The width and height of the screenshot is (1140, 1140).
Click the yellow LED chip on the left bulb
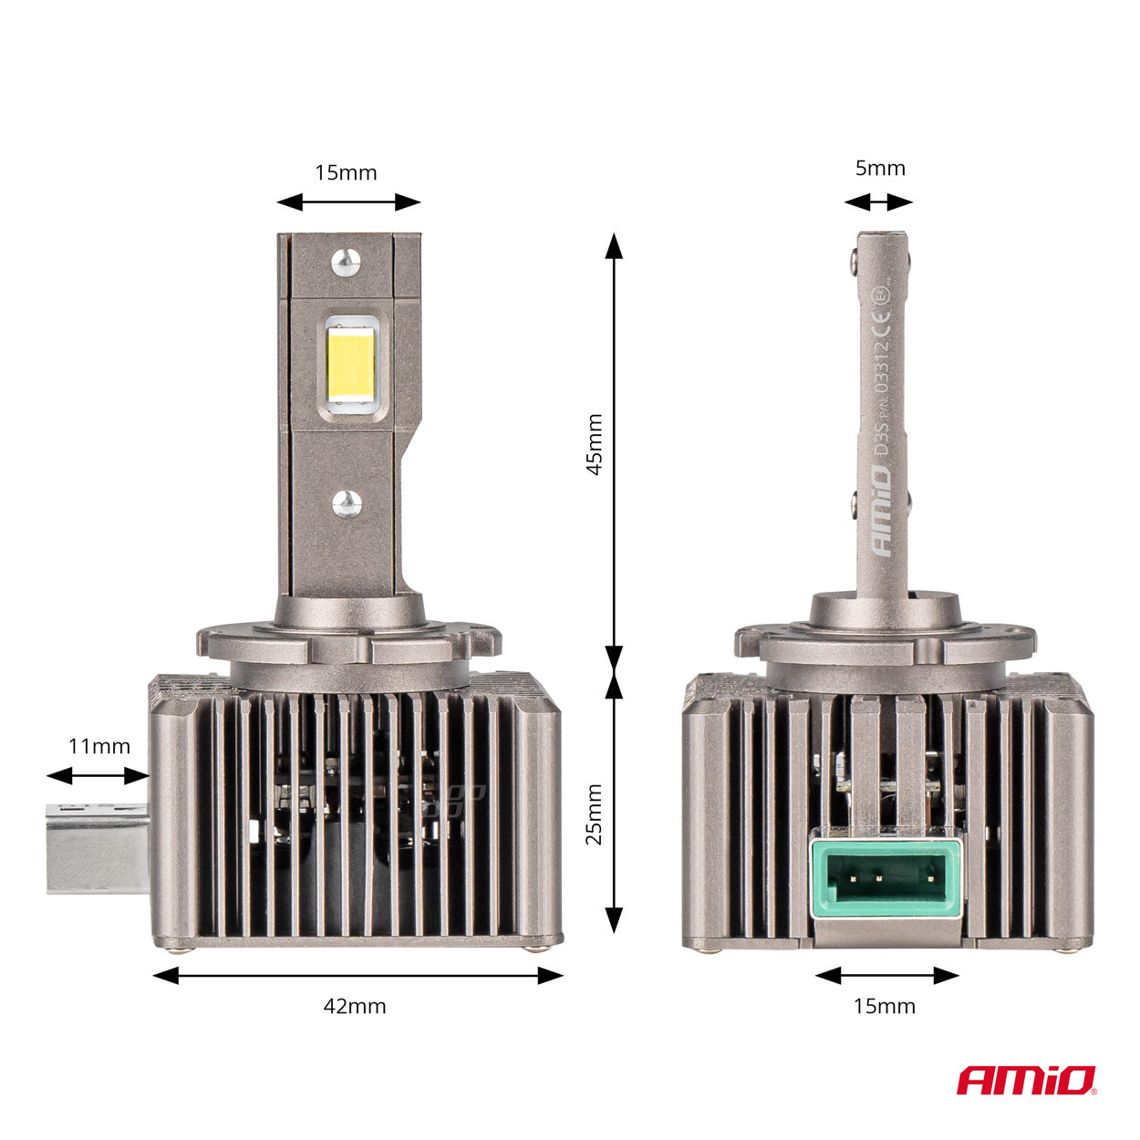tap(352, 365)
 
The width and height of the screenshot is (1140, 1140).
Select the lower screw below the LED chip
tap(347, 501)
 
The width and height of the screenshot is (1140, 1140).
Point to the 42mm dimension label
tap(355, 1007)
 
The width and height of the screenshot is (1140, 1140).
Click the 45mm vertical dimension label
tap(594, 444)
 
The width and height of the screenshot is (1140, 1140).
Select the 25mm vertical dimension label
tap(594, 814)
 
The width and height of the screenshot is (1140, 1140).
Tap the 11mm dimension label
tap(99, 746)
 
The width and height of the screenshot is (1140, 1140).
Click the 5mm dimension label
tap(880, 168)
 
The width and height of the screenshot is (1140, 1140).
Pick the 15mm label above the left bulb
tap(346, 172)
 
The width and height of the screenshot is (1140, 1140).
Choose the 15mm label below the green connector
tap(884, 1007)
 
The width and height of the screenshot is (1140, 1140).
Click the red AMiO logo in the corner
tap(1026, 1080)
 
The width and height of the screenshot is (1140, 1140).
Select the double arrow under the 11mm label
tap(98, 776)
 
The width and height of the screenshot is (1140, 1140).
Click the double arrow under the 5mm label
tap(878, 202)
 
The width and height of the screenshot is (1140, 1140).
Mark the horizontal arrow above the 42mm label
tap(358, 976)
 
